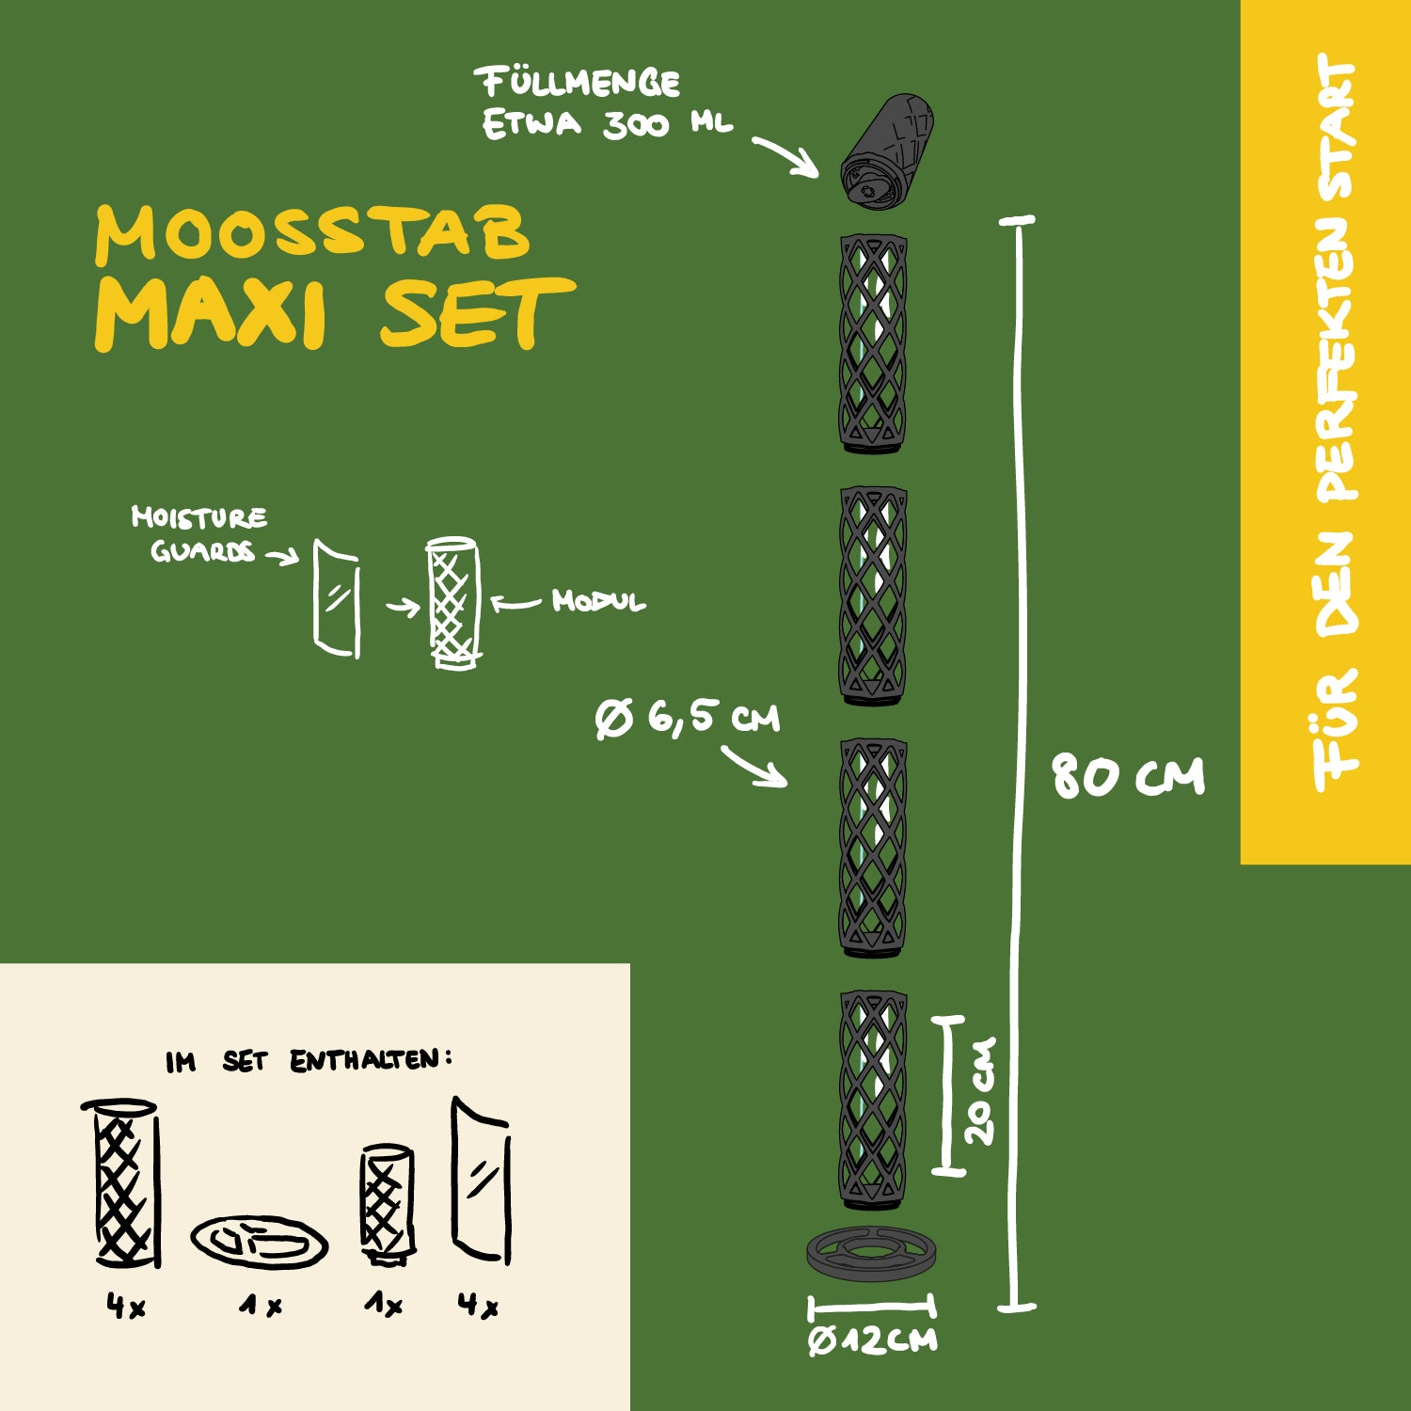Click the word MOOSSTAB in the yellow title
312,232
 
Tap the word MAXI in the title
211,312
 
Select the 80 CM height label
1127,777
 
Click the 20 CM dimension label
979,1091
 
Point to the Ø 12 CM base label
872,1340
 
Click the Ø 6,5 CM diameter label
689,720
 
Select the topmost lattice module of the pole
873,343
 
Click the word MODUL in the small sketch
598,601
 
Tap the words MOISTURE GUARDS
200,533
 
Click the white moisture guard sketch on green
336,598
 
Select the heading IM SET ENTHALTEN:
309,1061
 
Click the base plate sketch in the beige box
260,1241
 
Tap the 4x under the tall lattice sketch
125,1306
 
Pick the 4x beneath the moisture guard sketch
478,1305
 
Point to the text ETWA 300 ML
607,124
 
